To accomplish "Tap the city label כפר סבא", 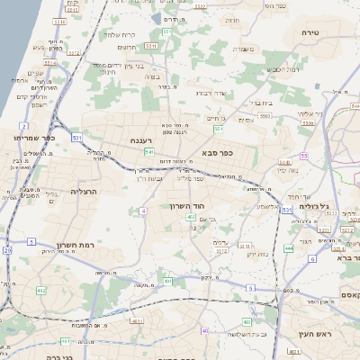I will click(218, 153).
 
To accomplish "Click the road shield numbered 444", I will click(289, 248).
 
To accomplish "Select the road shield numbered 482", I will click(40, 291).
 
